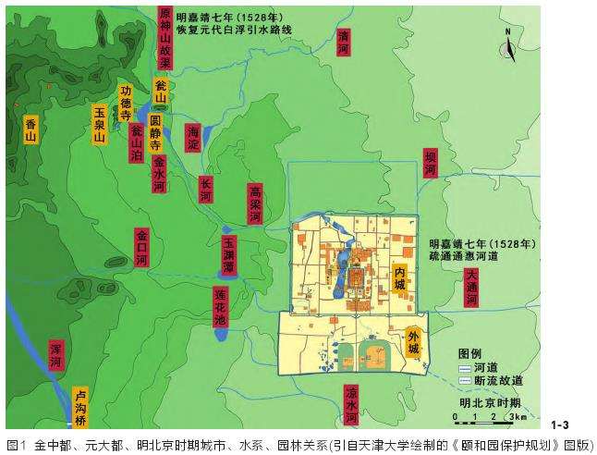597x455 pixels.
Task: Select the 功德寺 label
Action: point(127,104)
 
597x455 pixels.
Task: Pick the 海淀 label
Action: point(193,140)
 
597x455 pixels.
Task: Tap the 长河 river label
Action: point(206,190)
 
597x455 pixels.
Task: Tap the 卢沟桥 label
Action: point(81,403)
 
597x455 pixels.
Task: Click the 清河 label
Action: point(345,43)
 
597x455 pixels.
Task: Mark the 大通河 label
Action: point(472,287)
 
